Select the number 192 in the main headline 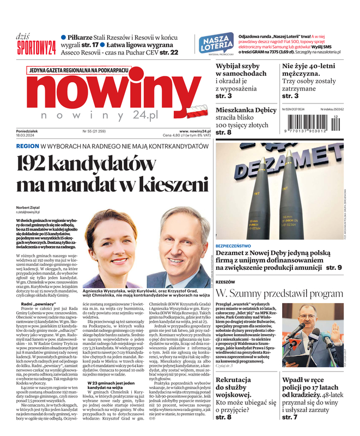tap(40, 165)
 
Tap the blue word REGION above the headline tap(27, 147)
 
